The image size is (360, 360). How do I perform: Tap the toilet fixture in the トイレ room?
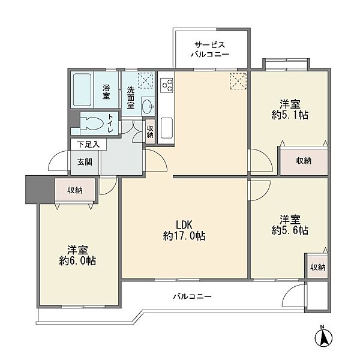click(92, 123)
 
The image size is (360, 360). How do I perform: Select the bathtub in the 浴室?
click(82, 89)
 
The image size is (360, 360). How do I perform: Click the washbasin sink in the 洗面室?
click(148, 107)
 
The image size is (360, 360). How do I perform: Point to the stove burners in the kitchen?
click(167, 85)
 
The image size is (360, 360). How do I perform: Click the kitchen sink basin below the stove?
click(167, 128)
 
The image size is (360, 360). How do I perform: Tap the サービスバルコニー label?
click(210, 49)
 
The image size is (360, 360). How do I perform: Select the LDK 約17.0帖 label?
click(184, 230)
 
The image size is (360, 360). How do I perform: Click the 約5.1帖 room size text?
click(290, 115)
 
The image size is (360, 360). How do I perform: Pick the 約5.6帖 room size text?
click(290, 230)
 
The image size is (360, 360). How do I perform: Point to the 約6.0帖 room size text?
click(77, 261)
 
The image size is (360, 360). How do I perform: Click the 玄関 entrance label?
click(85, 162)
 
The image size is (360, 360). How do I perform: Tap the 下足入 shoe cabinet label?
click(88, 145)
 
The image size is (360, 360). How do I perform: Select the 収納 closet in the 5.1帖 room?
click(304, 161)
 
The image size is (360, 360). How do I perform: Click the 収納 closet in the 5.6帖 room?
click(318, 267)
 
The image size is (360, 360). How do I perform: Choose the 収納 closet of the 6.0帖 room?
click(75, 190)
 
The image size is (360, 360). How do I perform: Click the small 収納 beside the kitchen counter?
click(150, 131)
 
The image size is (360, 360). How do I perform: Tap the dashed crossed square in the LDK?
click(238, 81)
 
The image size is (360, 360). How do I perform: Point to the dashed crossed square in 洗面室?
click(146, 80)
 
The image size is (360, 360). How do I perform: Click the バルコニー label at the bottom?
click(193, 296)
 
